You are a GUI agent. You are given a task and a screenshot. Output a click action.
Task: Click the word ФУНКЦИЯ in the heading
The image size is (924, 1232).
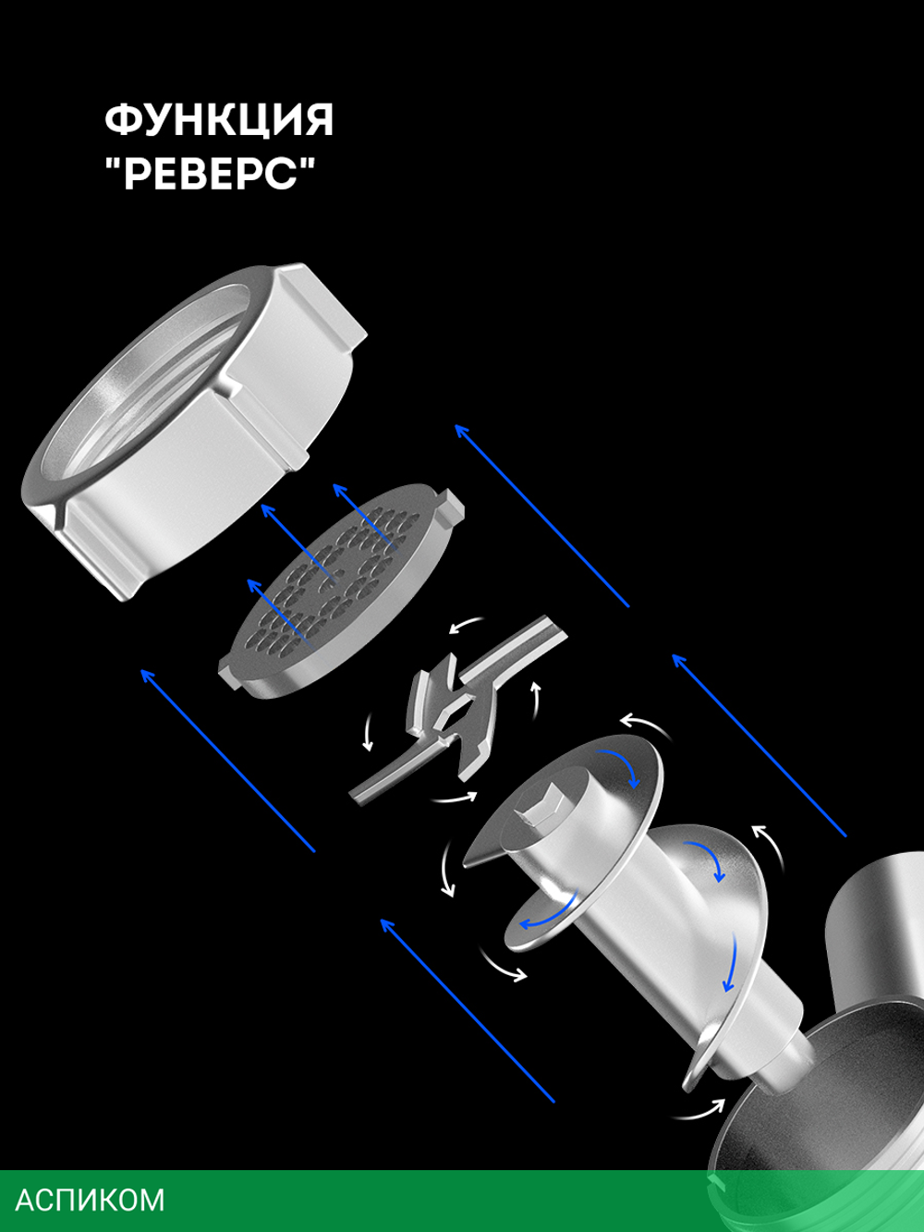point(218,120)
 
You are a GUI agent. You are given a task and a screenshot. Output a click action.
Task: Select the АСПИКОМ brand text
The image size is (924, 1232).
point(90,1200)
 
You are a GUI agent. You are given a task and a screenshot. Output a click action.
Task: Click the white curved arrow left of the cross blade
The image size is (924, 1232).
point(369,730)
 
